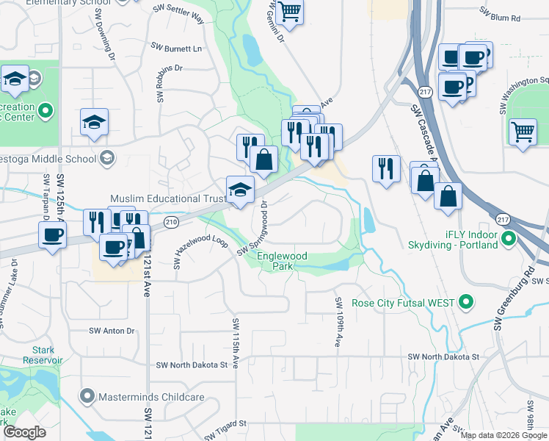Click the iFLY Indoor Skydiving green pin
coord(508,240)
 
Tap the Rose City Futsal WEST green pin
coord(465,302)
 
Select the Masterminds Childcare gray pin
coord(88,397)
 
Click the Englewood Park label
coord(282,261)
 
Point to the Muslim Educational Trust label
coord(166,199)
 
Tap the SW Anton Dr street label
coord(112,331)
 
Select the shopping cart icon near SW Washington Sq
coord(523,132)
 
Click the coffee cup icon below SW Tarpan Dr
coord(51,236)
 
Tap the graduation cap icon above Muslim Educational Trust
coord(240,190)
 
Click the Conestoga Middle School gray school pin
coord(107,157)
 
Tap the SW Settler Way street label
coord(179,12)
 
